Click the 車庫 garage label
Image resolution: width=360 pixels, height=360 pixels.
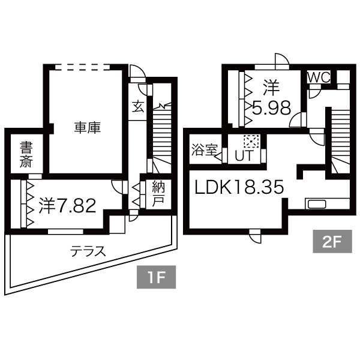tap(87, 127)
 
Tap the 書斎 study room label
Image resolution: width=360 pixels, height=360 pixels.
tap(26, 154)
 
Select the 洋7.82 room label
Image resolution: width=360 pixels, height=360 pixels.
tap(67, 206)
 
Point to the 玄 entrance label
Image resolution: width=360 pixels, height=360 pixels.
tap(138, 107)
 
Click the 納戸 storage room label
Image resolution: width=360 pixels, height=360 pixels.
tap(158, 193)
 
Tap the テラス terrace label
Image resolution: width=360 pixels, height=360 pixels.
tap(88, 251)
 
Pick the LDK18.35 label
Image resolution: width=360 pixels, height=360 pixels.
tap(238, 187)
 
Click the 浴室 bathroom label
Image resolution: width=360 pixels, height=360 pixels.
tap(204, 150)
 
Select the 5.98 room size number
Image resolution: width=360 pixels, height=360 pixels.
tap(271, 108)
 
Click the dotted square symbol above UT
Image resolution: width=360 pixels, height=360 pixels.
tap(250, 142)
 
